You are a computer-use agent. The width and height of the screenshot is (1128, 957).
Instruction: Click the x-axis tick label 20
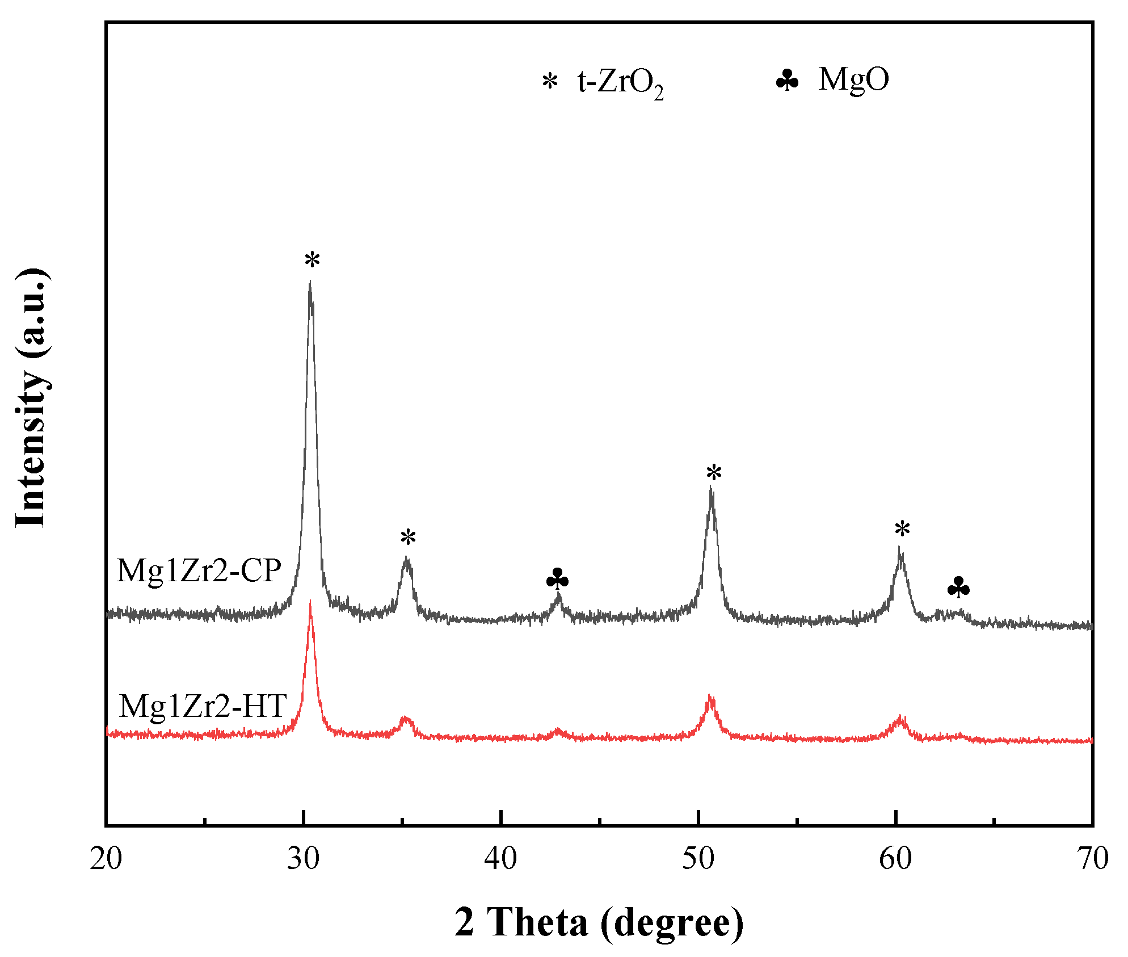click(106, 859)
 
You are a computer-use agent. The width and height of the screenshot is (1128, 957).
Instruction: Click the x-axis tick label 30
click(304, 859)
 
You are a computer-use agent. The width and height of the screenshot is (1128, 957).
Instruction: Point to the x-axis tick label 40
click(501, 859)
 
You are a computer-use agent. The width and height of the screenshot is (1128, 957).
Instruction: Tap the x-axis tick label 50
click(698, 859)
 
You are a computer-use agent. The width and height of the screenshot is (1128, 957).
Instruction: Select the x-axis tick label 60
click(895, 859)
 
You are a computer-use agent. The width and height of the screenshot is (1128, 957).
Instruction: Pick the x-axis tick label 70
click(1093, 859)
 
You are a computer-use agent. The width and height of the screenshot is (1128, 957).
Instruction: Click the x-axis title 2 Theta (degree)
click(599, 923)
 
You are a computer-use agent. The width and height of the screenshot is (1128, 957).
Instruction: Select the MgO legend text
click(853, 79)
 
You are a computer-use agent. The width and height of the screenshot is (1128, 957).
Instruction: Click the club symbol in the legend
click(787, 81)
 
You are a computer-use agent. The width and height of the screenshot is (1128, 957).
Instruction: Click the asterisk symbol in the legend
click(550, 82)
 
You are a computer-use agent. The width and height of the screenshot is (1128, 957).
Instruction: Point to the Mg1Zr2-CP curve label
click(199, 570)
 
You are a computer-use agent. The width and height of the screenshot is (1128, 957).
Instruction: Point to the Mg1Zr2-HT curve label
click(203, 706)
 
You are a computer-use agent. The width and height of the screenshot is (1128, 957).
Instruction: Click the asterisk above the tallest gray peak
click(312, 261)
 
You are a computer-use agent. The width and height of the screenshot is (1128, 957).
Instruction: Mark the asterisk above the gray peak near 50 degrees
click(714, 472)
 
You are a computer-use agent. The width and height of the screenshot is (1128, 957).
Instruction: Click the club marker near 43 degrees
click(557, 579)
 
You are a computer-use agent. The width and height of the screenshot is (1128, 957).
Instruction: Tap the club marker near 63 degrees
click(958, 587)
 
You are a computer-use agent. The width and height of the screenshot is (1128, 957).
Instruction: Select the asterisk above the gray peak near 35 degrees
click(408, 537)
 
